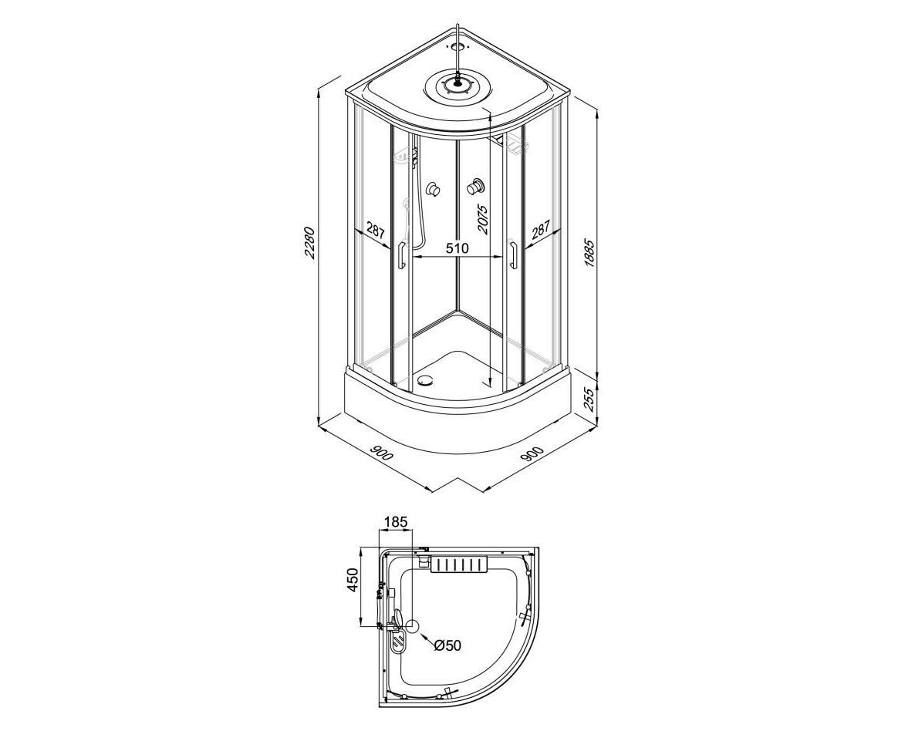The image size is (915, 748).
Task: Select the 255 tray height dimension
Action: (x=589, y=400)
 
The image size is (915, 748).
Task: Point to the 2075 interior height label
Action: (x=483, y=218)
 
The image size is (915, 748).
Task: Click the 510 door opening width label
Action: (x=457, y=248)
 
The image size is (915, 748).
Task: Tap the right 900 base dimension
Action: (x=532, y=453)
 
